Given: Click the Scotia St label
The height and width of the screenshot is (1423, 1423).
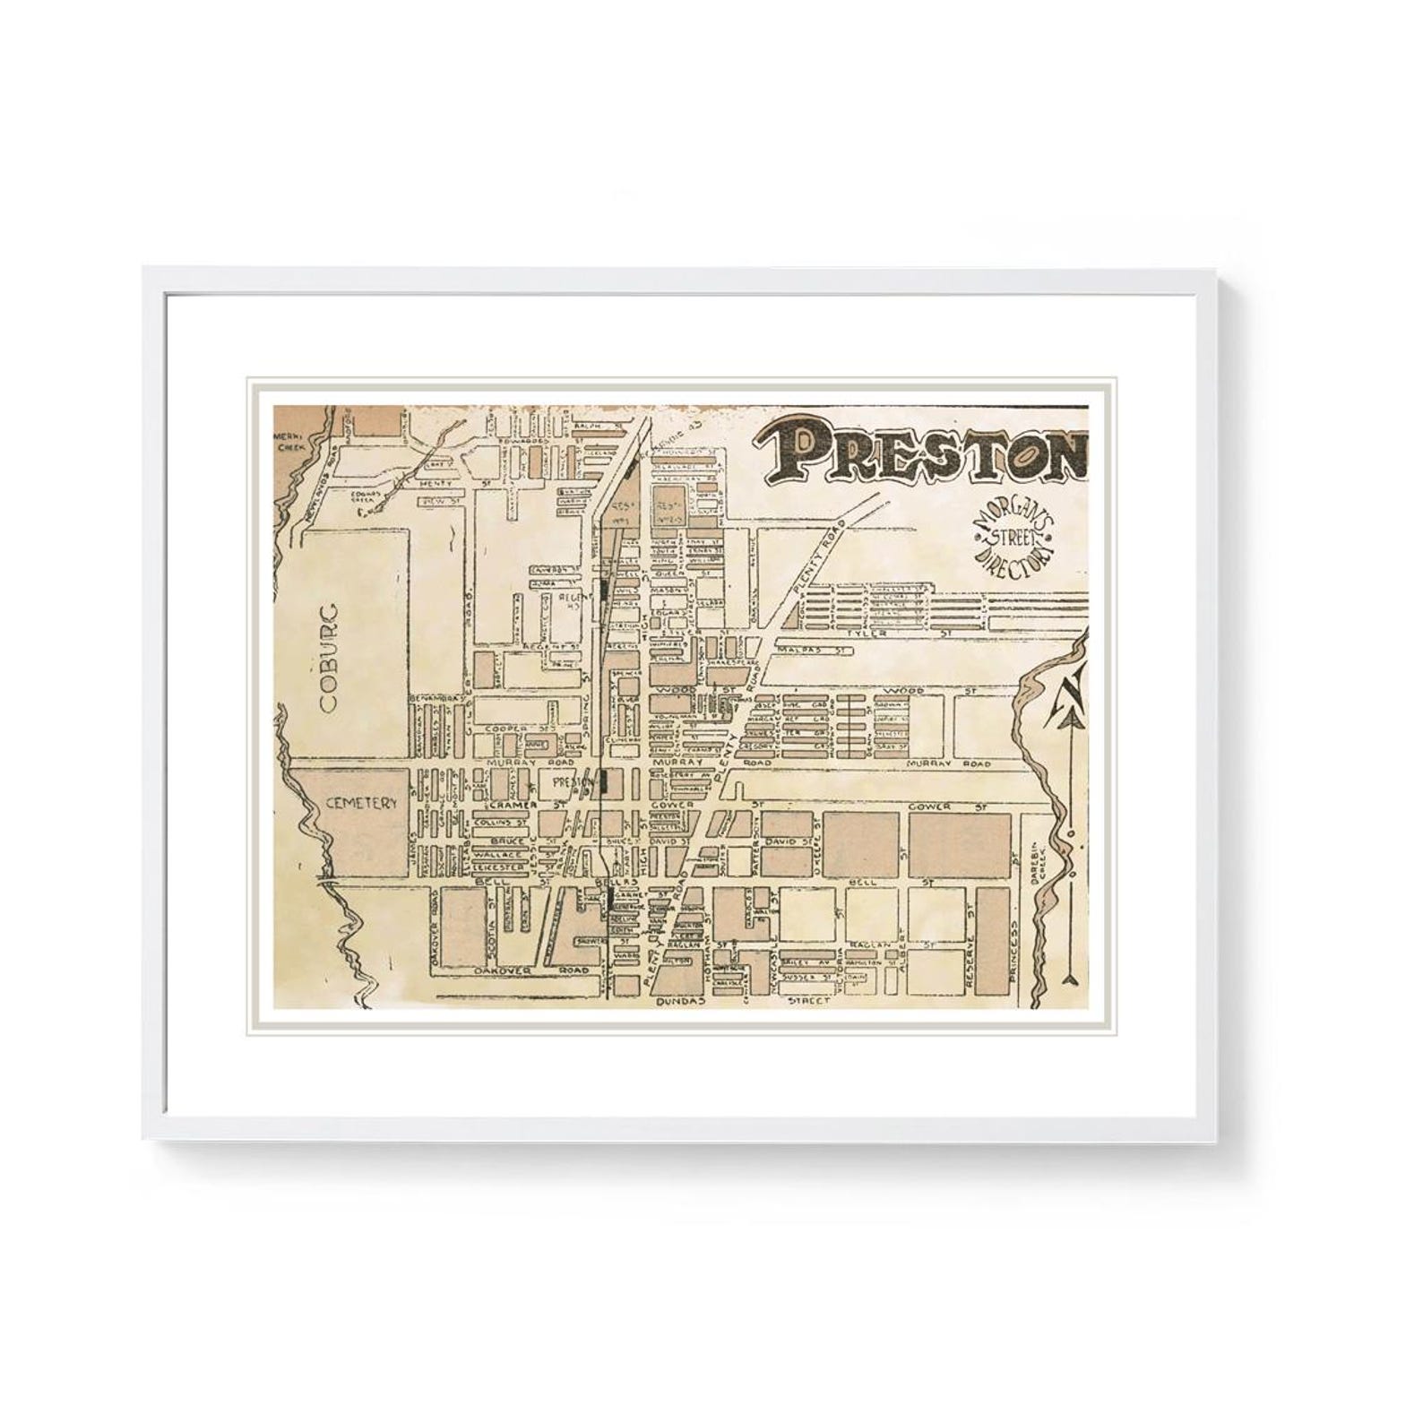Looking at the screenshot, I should click(x=491, y=924).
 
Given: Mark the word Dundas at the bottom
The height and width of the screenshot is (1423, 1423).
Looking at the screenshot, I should click(x=682, y=1000).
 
